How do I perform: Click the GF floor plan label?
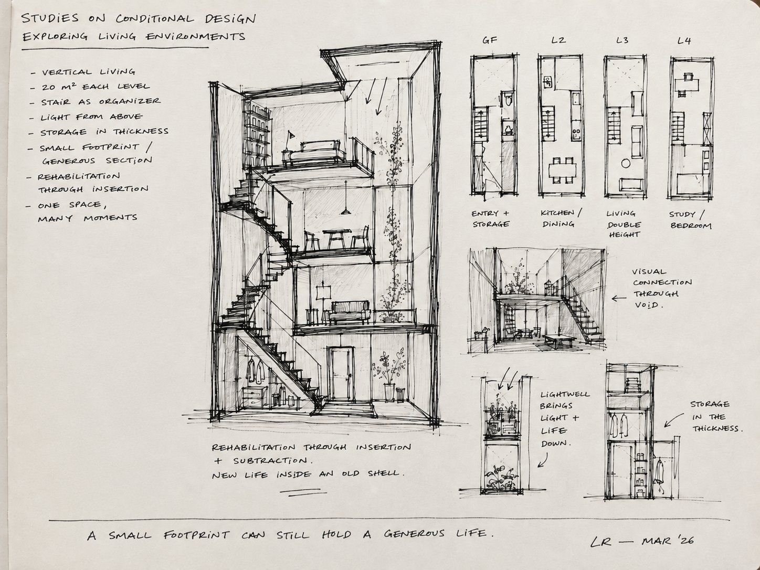pyautogui.click(x=489, y=40)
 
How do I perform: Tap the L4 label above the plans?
pyautogui.click(x=684, y=41)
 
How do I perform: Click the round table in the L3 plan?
pyautogui.click(x=625, y=163)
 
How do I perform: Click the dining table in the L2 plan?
pyautogui.click(x=562, y=170)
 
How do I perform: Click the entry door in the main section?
pyautogui.click(x=341, y=373)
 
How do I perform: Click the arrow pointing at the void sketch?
pyautogui.click(x=618, y=298)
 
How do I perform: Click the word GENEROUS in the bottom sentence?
pyautogui.click(x=414, y=533)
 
